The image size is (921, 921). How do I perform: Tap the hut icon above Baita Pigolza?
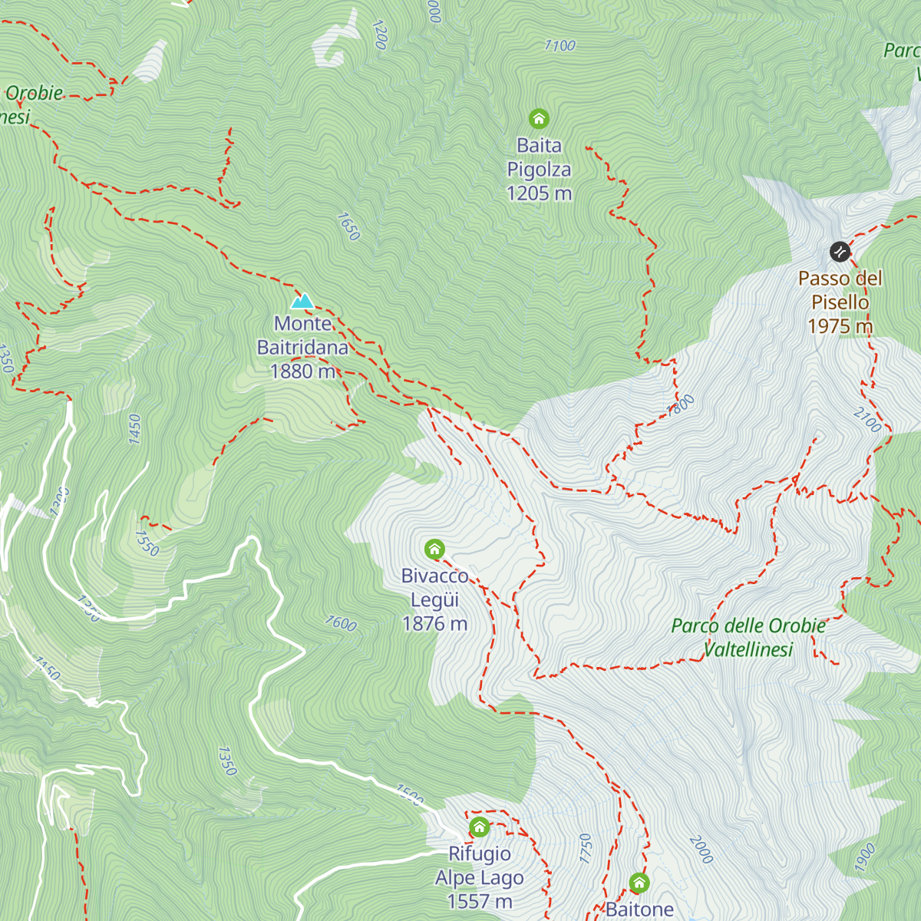click(539, 118)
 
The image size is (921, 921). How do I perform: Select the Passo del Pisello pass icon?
click(840, 251)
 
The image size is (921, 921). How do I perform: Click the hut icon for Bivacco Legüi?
click(434, 549)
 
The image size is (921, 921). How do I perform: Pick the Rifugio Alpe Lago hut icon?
click(480, 827)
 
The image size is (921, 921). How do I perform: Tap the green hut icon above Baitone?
click(639, 883)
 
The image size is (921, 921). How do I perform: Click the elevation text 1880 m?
click(302, 371)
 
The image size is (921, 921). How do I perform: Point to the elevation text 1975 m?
click(840, 326)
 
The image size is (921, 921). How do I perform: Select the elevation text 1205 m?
click(539, 193)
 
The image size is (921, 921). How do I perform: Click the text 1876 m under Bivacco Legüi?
click(434, 623)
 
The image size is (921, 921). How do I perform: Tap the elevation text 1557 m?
click(480, 901)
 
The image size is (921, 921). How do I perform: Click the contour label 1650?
click(348, 226)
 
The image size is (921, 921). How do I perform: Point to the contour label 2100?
click(867, 420)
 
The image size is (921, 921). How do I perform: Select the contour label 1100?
click(560, 46)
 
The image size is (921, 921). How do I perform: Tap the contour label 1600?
click(341, 623)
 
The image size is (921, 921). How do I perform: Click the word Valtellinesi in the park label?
click(748, 649)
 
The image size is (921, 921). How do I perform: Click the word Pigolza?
click(539, 170)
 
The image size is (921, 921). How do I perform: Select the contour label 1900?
click(865, 857)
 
